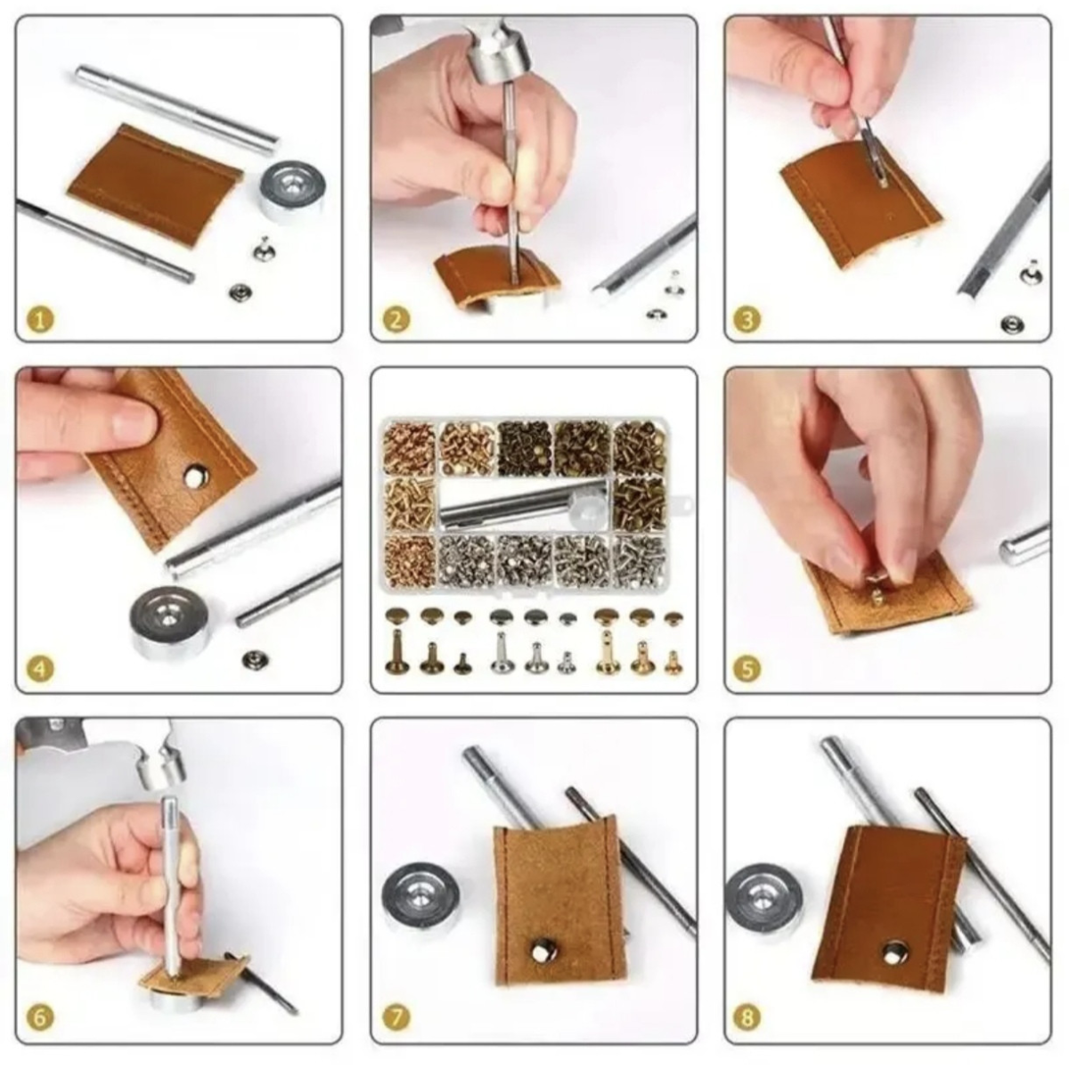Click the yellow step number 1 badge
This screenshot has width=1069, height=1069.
(40, 321)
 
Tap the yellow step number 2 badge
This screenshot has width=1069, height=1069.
(395, 320)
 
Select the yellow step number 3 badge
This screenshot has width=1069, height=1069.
(748, 320)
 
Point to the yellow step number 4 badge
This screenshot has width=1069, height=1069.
(40, 670)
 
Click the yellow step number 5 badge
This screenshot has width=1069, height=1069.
(748, 670)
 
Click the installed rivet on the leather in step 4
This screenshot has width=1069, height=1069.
(195, 475)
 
